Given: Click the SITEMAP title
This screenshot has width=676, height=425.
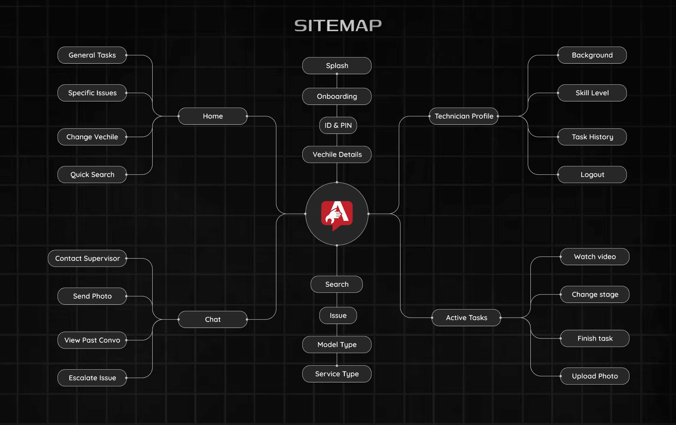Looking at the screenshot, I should point(338,25).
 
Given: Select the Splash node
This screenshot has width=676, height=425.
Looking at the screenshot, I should point(337,66).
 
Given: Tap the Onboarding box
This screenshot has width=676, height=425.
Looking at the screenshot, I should point(337,97).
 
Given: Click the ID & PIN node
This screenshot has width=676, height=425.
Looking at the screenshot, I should point(338,126).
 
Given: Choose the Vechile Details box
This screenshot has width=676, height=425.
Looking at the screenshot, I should point(337,155).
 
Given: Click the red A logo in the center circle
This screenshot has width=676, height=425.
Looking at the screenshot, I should point(337,214).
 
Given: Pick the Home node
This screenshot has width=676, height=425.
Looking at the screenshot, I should point(213,116).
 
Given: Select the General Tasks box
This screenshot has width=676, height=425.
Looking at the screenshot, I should point(92,55).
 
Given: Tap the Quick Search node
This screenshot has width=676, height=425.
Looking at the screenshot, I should point(92,175).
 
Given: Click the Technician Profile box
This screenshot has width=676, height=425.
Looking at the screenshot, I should point(464,116).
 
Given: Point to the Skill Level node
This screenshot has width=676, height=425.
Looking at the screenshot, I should point(592,93).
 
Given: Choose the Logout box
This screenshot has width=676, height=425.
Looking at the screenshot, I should point(592,175).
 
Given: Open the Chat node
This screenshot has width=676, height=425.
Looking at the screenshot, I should point(213,320).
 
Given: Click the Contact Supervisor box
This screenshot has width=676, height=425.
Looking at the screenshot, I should point(87,259).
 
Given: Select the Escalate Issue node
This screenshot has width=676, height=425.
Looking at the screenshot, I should point(92,378).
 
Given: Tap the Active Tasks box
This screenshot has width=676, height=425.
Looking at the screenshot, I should point(466,318).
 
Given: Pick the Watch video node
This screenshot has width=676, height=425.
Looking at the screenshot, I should point(594,257).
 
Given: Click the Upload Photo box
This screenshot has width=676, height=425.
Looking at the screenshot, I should point(594,376).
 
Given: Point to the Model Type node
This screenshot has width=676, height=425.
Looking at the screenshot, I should point(337,345).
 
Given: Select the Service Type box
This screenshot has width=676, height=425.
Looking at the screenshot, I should point(337,374).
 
